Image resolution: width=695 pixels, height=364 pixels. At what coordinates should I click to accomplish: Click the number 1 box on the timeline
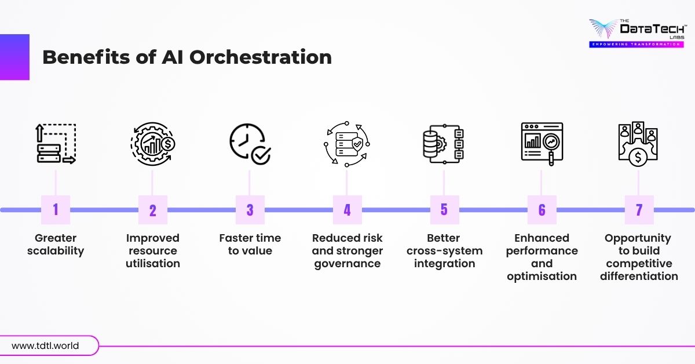(56, 209)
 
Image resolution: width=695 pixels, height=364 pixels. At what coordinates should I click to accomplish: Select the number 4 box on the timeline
(347, 209)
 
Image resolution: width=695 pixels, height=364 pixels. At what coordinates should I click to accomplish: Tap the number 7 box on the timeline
(639, 209)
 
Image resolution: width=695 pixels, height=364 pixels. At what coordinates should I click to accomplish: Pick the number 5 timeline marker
(444, 209)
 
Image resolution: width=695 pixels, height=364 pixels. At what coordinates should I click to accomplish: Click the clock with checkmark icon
(250, 143)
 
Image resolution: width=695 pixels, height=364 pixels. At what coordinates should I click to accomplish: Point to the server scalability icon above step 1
(56, 143)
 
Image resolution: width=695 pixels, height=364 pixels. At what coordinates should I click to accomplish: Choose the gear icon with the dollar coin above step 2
(152, 143)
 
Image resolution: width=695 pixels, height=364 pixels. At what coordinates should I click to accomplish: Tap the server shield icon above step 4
(347, 143)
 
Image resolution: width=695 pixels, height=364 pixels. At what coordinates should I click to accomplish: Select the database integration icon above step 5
(444, 143)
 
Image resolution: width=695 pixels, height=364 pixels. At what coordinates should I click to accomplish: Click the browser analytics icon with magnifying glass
(542, 143)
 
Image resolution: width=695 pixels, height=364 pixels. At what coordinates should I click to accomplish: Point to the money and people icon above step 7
(639, 143)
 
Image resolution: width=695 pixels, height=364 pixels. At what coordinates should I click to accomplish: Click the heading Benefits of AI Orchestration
(187, 57)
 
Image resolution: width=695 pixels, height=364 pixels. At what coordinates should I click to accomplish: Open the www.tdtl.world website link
(45, 346)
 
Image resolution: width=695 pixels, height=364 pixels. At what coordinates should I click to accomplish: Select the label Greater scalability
(56, 245)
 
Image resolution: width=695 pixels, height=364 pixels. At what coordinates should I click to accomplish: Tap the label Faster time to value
(250, 245)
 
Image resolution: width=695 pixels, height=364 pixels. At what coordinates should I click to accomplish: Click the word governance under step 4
(347, 264)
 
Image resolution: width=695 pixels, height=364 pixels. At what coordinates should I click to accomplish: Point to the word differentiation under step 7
(639, 276)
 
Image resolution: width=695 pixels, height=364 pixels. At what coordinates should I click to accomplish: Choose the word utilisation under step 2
(152, 264)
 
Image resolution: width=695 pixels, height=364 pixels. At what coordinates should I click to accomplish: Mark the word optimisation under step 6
(542, 276)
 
